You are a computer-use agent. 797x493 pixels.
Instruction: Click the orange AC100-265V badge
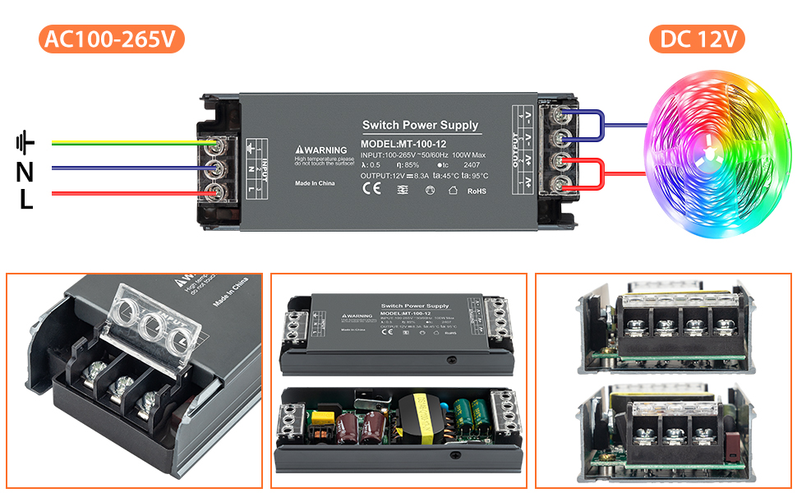[x=111, y=39]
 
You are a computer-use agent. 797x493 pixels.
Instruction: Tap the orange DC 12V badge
[x=697, y=39]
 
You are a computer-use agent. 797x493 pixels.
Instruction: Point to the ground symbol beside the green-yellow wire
[x=25, y=143]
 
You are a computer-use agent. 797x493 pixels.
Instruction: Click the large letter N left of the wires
[x=25, y=171]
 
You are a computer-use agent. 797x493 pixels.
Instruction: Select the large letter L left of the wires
[x=25, y=198]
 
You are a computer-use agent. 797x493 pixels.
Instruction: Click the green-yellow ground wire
[x=123, y=142]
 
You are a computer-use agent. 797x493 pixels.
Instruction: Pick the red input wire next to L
[x=123, y=194]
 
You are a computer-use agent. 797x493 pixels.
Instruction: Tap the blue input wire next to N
[x=123, y=168]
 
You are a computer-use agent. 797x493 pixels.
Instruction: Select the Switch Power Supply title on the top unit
[x=420, y=125]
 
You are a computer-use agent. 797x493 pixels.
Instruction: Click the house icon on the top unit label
[x=453, y=190]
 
